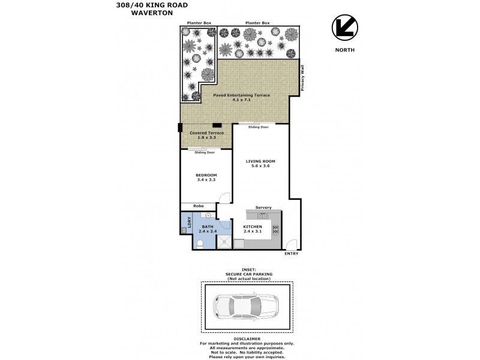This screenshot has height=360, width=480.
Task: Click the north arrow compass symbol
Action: [x=344, y=27]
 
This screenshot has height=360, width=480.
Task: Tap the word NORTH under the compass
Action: [x=344, y=50]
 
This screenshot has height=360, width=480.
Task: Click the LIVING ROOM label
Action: [x=260, y=161]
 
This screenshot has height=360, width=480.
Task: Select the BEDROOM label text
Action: [x=206, y=175]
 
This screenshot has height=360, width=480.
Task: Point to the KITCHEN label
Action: [x=253, y=227]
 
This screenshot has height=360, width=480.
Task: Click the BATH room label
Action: [x=208, y=227]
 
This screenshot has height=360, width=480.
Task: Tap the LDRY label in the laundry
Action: [x=189, y=221]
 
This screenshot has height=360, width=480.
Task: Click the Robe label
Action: [x=199, y=206]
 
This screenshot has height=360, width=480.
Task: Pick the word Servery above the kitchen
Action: [x=263, y=208]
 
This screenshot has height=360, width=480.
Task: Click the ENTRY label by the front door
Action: [x=292, y=254]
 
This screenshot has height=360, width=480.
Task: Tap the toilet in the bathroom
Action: [x=200, y=244]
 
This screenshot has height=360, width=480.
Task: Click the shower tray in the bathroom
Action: [x=224, y=242]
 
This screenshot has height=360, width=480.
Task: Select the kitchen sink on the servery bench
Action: [x=263, y=216]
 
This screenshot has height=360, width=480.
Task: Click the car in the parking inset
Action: [x=246, y=307]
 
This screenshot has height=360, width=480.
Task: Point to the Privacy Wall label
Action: [x=302, y=78]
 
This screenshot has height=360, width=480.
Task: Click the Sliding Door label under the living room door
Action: [x=259, y=127]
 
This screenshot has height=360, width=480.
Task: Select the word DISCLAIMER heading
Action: [x=247, y=339]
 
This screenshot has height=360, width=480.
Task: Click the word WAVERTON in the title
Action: [x=152, y=13]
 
